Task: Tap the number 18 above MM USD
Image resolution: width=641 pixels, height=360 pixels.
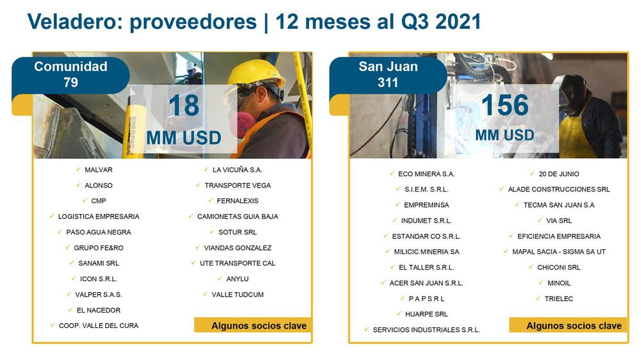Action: click(x=184, y=106)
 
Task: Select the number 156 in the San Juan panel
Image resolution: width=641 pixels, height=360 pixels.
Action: click(x=505, y=105)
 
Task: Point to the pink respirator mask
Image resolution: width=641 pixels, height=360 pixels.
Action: click(x=242, y=124)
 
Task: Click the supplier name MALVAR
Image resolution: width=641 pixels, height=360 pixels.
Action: click(x=99, y=170)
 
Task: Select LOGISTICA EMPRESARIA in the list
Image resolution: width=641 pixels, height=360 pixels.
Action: click(x=99, y=216)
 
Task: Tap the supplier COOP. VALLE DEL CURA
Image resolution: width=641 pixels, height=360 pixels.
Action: click(x=99, y=325)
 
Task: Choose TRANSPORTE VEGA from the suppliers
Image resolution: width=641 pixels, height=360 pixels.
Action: click(x=238, y=185)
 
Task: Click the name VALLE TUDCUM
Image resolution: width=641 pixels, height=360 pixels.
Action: click(x=238, y=294)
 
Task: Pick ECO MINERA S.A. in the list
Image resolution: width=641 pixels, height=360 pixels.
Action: click(x=426, y=174)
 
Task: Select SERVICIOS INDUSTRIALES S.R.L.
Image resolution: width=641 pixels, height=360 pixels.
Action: click(x=426, y=330)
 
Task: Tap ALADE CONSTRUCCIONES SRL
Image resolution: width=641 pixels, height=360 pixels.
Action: click(x=559, y=189)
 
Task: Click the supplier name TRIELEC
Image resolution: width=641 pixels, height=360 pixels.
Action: click(x=559, y=299)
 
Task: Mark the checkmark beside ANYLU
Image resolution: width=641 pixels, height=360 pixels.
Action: click(x=220, y=278)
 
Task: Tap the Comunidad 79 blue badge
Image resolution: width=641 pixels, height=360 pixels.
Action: click(x=71, y=75)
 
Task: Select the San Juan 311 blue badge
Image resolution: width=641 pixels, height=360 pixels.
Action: click(x=388, y=75)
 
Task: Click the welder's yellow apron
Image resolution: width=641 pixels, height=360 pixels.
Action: click(x=577, y=135)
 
